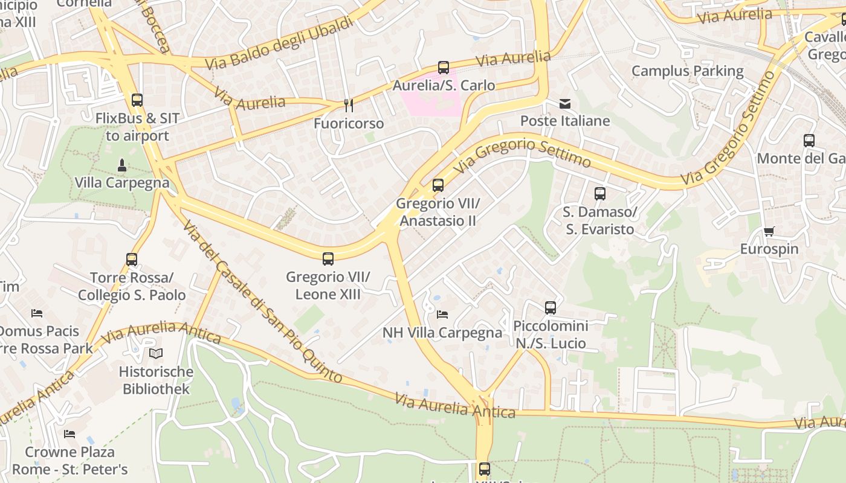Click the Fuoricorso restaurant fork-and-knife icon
pos(349,106)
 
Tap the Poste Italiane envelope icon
pos(564,104)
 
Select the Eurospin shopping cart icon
pos(769,231)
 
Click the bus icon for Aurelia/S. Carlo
pos(444,68)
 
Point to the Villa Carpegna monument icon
pos(121,165)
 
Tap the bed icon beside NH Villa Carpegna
pos(442,315)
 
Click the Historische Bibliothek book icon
pos(156,354)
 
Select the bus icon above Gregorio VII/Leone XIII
pos(328,259)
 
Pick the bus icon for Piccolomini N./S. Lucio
pos(551,308)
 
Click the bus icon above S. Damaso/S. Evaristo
pos(600,194)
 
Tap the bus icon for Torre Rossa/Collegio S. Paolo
pos(132,260)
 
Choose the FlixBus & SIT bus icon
pos(137,100)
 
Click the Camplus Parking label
pos(688,71)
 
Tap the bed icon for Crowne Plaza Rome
pos(69,434)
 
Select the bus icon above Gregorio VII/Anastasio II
pos(438,185)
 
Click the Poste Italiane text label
pos(565,121)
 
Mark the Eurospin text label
pos(769,249)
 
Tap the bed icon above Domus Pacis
pos(37,313)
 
